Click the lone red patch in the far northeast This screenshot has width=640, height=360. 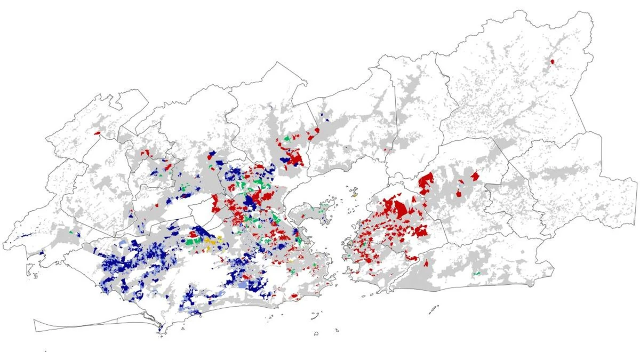[x=552, y=62]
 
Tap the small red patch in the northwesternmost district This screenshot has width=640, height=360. [x=97, y=133]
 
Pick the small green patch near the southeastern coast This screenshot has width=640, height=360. [x=477, y=274]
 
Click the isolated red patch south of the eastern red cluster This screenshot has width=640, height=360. [x=427, y=262]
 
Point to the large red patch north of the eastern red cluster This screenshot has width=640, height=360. [x=426, y=182]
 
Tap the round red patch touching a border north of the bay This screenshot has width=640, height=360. [x=317, y=130]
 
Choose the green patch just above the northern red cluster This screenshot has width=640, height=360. [x=287, y=139]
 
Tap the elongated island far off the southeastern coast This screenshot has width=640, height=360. [x=433, y=309]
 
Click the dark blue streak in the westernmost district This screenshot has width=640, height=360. [x=21, y=236]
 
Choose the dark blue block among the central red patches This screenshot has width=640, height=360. [x=249, y=201]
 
